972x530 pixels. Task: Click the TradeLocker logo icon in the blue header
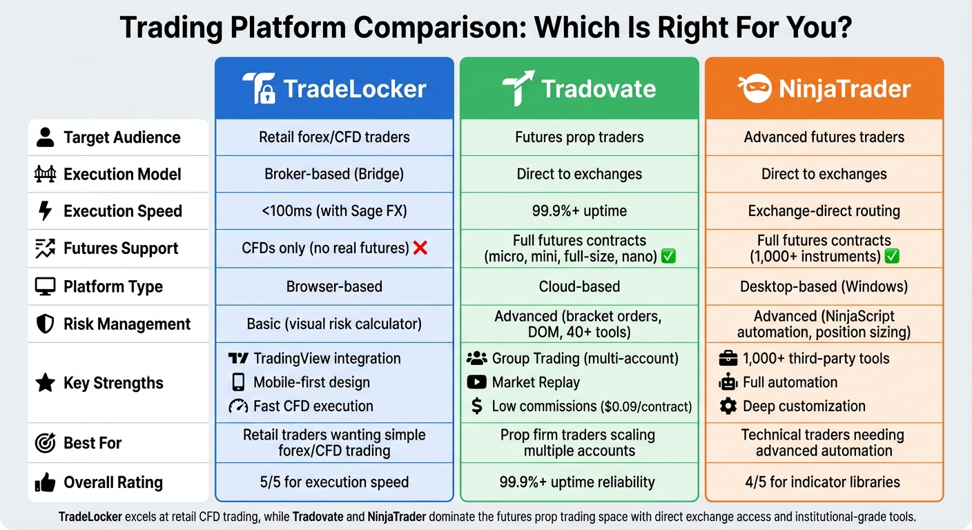coord(260,88)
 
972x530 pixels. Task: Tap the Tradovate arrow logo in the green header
coord(518,88)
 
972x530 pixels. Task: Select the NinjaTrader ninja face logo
coord(755,89)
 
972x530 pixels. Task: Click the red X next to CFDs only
coord(420,248)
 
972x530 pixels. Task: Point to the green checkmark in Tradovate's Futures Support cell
coord(668,257)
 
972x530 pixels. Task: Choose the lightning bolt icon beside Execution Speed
coord(45,211)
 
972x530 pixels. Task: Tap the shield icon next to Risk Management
coord(45,324)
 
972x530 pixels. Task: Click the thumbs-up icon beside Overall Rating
coord(45,482)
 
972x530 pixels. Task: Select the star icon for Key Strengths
coord(45,383)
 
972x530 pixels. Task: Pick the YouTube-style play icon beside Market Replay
coord(476,382)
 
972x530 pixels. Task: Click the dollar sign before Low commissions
coord(476,406)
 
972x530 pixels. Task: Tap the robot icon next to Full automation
coord(728,382)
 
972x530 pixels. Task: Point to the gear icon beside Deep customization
coord(728,406)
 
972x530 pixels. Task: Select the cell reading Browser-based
coord(334,286)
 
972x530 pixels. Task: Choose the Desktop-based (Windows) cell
coord(824,286)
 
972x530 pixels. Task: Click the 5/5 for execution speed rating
coord(334,482)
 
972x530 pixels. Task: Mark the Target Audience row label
coord(121,137)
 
